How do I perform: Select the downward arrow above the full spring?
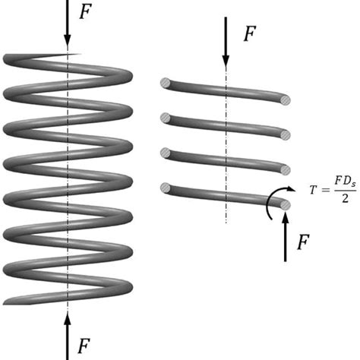(x=68, y=23)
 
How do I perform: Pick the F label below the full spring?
(x=87, y=347)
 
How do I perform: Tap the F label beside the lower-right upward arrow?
(x=303, y=243)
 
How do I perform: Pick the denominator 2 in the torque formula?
(x=339, y=199)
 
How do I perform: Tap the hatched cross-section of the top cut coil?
(x=284, y=99)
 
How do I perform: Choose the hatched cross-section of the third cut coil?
(x=284, y=169)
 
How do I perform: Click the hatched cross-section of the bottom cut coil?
(x=284, y=204)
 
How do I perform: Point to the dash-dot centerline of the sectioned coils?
(x=226, y=182)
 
